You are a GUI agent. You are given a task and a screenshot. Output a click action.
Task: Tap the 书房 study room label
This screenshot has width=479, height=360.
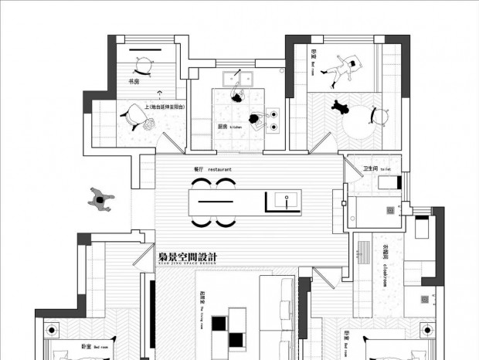tap(134, 82)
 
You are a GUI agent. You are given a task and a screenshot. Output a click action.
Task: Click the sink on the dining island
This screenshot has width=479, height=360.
tap(284, 200)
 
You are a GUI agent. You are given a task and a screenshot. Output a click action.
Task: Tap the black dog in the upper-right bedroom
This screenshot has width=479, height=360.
tap(341, 107)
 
